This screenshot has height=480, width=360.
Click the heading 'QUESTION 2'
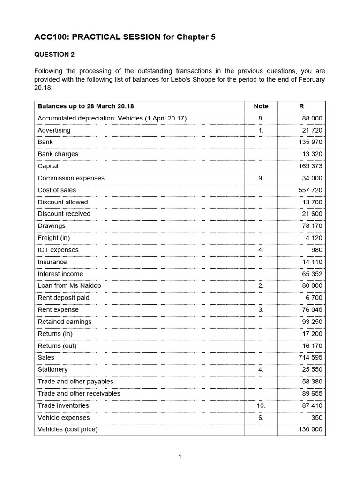pos(54,54)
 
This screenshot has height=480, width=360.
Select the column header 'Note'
pos(261,106)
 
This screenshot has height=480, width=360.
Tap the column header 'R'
pos(301,106)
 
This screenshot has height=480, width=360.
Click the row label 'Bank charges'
pos(58,154)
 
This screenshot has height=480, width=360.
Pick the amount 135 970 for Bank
pos(310,142)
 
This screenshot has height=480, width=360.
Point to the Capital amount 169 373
pos(310,166)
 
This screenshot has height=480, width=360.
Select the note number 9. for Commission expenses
pos(261,178)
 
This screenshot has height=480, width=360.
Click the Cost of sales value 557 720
pos(310,190)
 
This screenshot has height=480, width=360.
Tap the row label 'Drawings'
pos(52,226)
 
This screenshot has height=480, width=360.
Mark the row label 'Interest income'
pos(60,274)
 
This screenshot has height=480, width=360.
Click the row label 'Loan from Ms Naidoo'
pos(69,285)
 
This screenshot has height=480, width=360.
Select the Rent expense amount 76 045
pos(312,310)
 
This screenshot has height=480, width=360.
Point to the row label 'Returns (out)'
pos(57,345)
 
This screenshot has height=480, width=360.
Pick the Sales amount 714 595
pos(310,357)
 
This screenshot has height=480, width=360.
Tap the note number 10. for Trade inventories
pos(261,405)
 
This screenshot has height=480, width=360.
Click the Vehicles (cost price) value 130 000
pos(310,429)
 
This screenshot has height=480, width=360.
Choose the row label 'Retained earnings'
pos(65,322)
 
